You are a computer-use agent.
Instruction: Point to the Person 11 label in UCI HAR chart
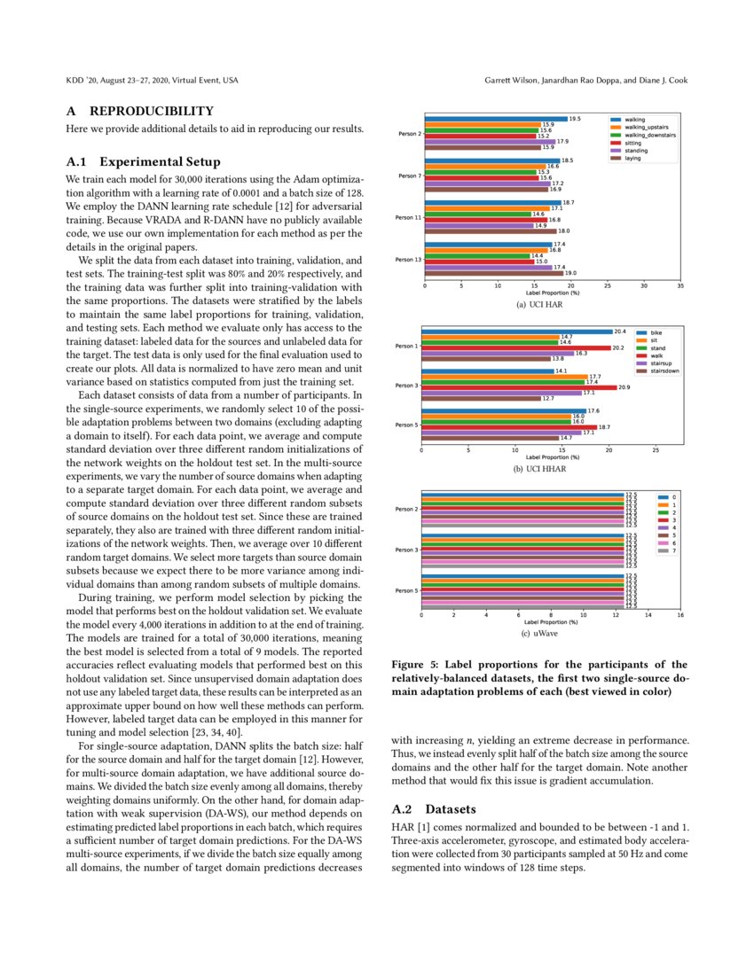click(407, 217)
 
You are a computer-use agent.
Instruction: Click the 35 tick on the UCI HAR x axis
click(680, 286)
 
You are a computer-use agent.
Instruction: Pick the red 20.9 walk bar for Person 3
click(518, 387)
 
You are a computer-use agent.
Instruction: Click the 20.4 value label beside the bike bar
click(620, 331)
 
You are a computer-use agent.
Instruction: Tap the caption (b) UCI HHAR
click(541, 468)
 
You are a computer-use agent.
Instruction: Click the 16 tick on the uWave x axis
click(680, 615)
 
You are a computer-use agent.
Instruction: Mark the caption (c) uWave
click(541, 635)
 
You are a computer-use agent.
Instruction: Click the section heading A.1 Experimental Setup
click(143, 162)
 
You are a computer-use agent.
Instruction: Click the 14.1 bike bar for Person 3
click(486, 370)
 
